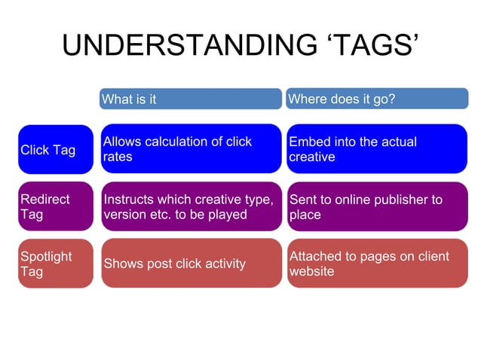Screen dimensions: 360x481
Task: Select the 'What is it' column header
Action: [x=190, y=99]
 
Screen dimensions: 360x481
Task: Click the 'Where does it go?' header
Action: [x=376, y=99]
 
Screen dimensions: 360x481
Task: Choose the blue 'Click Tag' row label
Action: [x=55, y=149]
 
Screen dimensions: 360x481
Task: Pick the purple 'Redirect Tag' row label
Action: [x=55, y=206]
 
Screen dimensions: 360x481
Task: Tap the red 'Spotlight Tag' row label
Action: [x=55, y=264]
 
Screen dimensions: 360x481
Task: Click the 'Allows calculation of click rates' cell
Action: [x=190, y=149]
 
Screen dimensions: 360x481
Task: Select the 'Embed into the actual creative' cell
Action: [x=376, y=149]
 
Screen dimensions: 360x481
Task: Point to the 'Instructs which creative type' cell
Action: [x=190, y=206]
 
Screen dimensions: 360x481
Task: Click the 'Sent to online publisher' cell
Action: [x=376, y=206]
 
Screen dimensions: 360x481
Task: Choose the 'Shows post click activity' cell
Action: [x=190, y=264]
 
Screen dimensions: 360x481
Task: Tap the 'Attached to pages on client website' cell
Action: [x=376, y=264]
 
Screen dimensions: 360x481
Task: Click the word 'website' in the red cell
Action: [x=311, y=271]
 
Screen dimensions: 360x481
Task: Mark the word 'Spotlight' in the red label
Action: [x=46, y=256]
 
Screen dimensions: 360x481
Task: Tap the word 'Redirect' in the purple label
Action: [x=44, y=200]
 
